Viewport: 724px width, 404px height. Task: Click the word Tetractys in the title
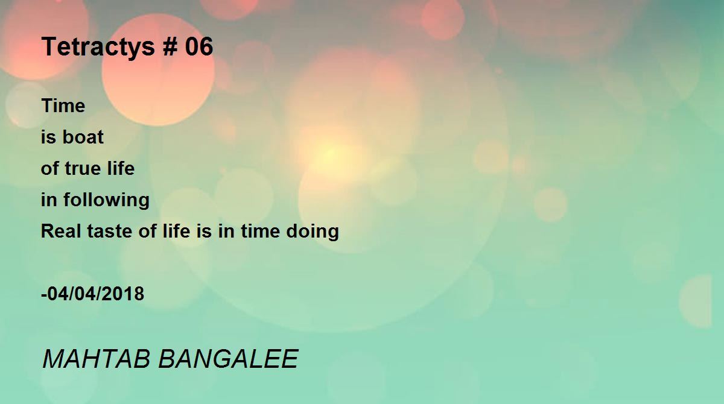98,48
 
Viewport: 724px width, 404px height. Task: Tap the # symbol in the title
170,46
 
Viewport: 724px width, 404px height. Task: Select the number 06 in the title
198,46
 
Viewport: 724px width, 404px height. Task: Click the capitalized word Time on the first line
63,106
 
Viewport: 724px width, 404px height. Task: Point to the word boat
83,137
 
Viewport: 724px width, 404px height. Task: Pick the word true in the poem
84,168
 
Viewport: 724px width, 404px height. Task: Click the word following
106,200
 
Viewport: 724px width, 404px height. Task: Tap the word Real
61,231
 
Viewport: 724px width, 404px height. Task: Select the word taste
109,232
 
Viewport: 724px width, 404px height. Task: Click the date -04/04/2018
93,294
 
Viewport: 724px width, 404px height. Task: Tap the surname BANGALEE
228,359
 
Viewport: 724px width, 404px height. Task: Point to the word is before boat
48,137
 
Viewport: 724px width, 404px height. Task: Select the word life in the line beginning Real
176,231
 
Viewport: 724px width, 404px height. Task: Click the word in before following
49,200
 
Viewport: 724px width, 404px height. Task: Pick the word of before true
49,168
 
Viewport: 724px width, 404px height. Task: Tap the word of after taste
147,231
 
